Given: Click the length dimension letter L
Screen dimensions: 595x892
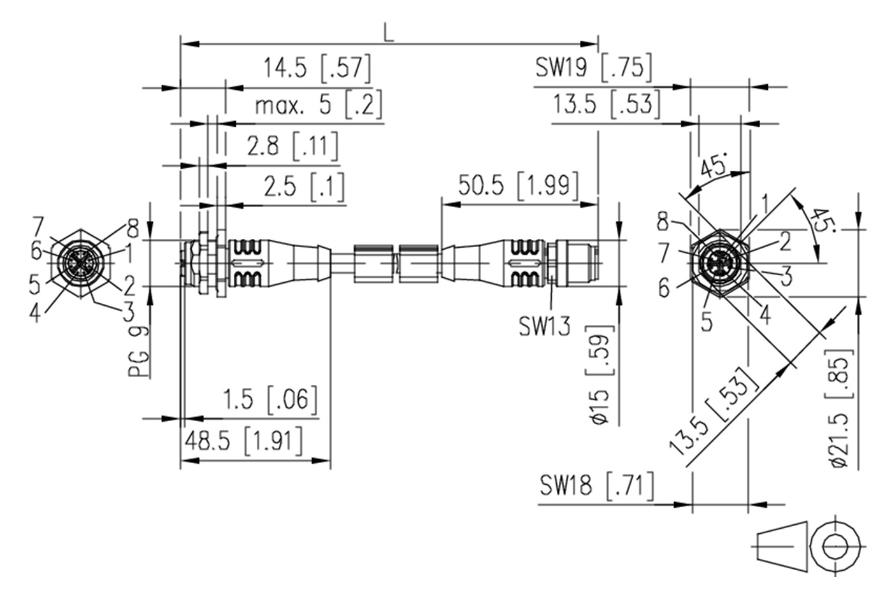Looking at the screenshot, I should [389, 33].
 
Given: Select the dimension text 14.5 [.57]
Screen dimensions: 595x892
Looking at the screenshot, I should [317, 69].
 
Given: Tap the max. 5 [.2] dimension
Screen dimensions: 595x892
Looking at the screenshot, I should [319, 105].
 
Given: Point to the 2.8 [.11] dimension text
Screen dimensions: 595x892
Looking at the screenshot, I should [292, 147].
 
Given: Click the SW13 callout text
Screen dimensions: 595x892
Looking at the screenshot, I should [544, 327].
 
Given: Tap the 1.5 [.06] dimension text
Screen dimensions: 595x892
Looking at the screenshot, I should [269, 400].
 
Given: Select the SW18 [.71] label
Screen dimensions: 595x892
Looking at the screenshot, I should [596, 486].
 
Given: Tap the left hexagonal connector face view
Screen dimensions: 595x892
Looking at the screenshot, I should [80, 262].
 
